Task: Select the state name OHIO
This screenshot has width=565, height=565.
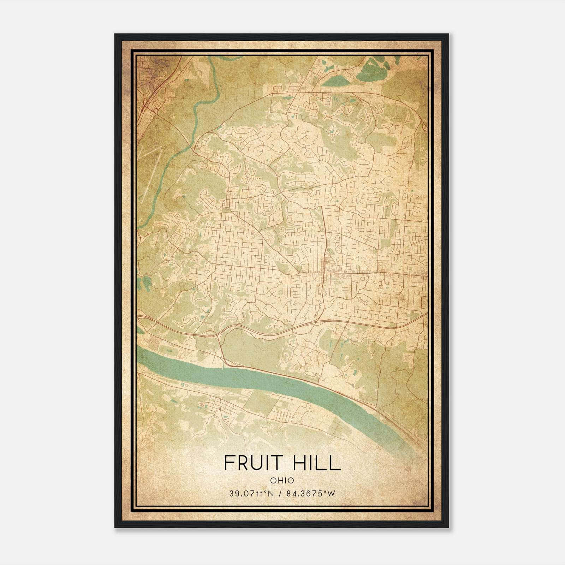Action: pos(282,480)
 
